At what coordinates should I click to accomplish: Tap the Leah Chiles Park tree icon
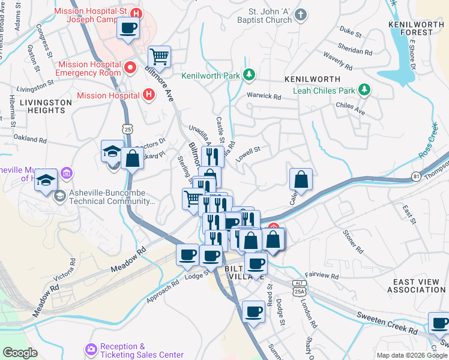tap(363, 91)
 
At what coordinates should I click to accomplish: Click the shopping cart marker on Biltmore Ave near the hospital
tap(160, 58)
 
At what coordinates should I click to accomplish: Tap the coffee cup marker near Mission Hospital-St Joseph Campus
tap(128, 28)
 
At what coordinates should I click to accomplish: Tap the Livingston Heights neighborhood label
tap(42, 106)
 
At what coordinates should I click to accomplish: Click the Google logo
tap(20, 353)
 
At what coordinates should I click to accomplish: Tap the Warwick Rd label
tap(264, 97)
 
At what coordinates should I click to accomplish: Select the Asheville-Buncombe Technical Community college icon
tap(60, 196)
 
